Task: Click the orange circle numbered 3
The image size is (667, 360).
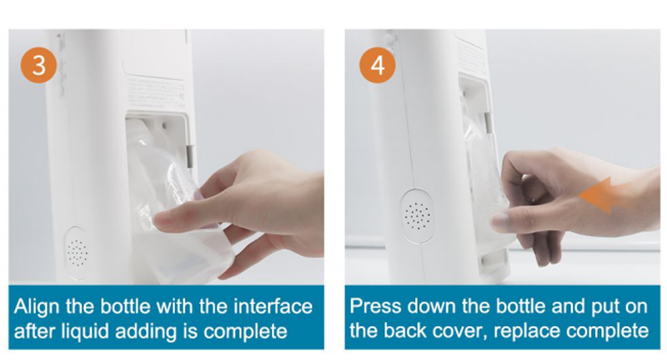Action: tap(38, 65)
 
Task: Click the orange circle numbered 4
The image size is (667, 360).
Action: tap(378, 65)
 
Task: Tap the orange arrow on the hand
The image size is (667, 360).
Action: tap(602, 195)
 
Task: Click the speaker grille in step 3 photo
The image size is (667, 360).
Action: tap(77, 252)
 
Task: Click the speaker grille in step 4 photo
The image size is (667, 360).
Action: tap(418, 216)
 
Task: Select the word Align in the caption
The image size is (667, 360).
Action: tap(38, 307)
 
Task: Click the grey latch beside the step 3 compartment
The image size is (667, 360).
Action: tap(190, 156)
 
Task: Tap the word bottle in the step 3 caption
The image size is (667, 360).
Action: tap(126, 307)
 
